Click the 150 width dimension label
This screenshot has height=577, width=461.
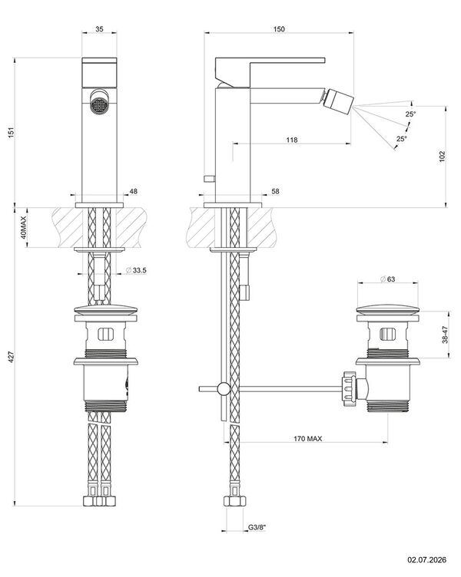point(279,28)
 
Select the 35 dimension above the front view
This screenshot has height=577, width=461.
point(99,28)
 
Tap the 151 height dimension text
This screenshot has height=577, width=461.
point(12,132)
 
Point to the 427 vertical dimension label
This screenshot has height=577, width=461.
point(12,357)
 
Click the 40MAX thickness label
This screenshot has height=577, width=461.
point(23,227)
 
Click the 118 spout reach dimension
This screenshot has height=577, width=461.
point(291,140)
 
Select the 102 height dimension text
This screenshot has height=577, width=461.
point(443,156)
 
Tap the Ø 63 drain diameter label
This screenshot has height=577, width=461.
point(387,279)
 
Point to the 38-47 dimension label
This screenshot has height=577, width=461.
point(445,335)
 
